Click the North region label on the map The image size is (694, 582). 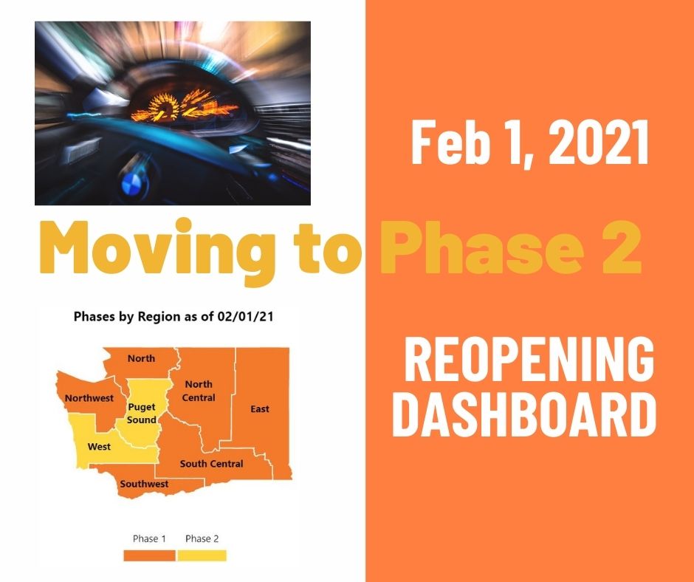(141, 358)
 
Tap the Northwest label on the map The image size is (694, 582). (89, 398)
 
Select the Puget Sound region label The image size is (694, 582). (142, 414)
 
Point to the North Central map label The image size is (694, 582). (199, 391)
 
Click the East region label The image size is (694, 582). (260, 409)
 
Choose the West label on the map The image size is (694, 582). (99, 446)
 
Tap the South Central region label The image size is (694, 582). (212, 464)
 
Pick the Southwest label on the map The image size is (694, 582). (144, 484)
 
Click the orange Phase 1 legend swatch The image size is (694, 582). (149, 555)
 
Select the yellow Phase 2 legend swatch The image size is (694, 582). (202, 555)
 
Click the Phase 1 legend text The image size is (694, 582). (149, 538)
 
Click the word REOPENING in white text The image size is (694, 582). (529, 359)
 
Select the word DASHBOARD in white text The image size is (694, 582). (524, 414)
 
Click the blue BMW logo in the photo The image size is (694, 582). (130, 183)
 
